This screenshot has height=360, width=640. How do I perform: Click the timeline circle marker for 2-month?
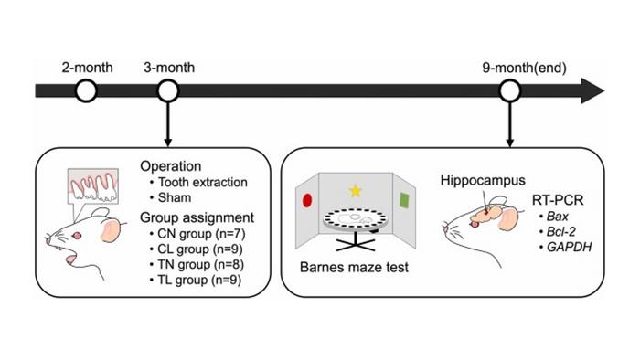tap(86, 90)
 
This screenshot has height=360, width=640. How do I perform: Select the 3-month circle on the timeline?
tap(167, 90)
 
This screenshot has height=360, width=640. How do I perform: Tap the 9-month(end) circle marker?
tap(510, 90)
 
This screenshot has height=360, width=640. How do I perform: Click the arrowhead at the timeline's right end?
tap(592, 90)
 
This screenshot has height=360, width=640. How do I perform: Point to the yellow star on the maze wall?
tap(356, 191)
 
